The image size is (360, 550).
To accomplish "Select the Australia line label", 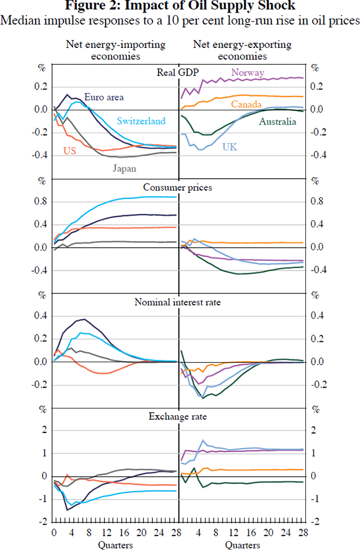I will coord(278,122).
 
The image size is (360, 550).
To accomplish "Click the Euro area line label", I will coord(104,97).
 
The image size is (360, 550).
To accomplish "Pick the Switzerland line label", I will coord(141,121).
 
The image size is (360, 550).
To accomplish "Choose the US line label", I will coord(69,151).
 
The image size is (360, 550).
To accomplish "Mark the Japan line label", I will coord(125,169).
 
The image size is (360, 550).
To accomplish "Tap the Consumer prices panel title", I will coord(178,188).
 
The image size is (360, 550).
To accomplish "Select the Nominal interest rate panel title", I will coord(178,302).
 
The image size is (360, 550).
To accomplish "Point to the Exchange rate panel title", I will coord(178,416).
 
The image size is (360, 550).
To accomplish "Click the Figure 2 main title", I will coord(179,7).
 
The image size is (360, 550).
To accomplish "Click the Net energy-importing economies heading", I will coord(116,50).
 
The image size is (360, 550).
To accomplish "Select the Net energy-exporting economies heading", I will coord(242,50).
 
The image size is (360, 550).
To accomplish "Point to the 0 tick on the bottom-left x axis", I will coord(54,532).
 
